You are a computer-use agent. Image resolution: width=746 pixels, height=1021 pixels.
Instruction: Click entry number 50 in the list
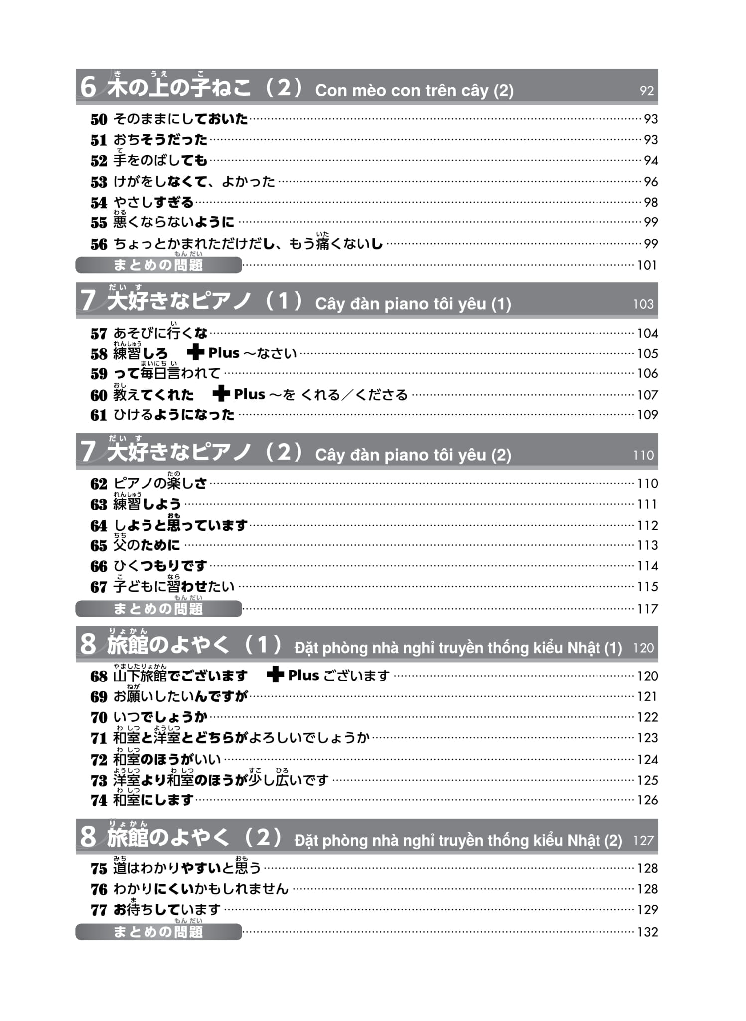pos(99,120)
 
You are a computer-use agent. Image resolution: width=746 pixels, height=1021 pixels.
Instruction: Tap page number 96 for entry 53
pos(651,182)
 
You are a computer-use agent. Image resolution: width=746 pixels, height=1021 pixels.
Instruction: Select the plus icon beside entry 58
pos(195,353)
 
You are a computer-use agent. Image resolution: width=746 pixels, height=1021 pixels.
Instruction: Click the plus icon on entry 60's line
pos(221,394)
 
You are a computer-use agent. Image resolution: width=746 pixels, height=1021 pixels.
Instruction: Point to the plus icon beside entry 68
pos(275,675)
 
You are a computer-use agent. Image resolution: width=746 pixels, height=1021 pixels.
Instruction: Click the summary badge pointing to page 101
pos(158,265)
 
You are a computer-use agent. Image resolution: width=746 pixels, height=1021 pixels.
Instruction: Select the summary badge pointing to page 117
pos(158,609)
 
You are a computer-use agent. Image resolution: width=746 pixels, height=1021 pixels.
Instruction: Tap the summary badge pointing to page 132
pos(158,932)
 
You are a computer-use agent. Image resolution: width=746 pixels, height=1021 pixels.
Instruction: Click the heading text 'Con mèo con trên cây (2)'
pos(414,91)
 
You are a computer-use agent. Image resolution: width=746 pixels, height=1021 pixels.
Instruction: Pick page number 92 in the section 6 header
pos(646,91)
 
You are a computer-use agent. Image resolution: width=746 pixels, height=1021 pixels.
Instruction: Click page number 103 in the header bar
pos(643,304)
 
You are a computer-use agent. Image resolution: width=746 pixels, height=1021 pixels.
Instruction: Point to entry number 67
pos(99,587)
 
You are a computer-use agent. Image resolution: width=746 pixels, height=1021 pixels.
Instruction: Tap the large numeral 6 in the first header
pos(88,87)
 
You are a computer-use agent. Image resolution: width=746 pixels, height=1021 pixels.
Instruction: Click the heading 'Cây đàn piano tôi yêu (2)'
pos(413,455)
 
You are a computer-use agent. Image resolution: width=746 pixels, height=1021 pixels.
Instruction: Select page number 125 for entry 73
pos(647,780)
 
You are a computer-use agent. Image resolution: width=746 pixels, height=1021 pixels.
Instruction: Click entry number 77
pos(99,910)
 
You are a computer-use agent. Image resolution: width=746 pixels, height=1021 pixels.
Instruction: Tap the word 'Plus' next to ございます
pos(303,675)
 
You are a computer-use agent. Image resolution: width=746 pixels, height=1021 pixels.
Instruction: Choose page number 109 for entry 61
pos(647,415)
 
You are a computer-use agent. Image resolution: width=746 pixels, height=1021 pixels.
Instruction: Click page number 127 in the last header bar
pos(643,841)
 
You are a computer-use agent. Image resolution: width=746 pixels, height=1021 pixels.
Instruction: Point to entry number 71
pos(99,738)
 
